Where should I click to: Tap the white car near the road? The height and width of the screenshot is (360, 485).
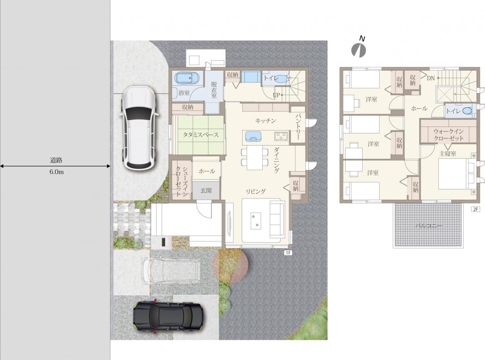coord(139,128)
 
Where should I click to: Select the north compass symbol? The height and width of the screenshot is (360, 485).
coord(358,49)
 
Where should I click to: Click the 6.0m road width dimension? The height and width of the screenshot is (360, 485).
coord(56,172)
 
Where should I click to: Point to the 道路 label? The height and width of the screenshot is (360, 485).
coord(56,160)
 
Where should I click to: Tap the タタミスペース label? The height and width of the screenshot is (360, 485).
coord(200,135)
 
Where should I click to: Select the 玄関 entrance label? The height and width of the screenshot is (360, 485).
coord(206,191)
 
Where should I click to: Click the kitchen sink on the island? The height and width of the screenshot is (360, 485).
coord(253,136)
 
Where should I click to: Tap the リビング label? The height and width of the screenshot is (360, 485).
coord(256,192)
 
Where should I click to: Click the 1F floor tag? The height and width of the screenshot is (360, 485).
coord(288,253)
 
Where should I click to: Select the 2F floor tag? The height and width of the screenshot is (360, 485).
coord(476,209)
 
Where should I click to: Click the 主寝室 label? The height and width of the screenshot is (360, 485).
coord(447,154)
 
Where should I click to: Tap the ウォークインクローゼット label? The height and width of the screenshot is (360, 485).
coord(449,135)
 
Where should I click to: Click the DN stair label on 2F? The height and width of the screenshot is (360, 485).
coord(431,78)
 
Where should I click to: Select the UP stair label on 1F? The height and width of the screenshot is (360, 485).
coord(276,95)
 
